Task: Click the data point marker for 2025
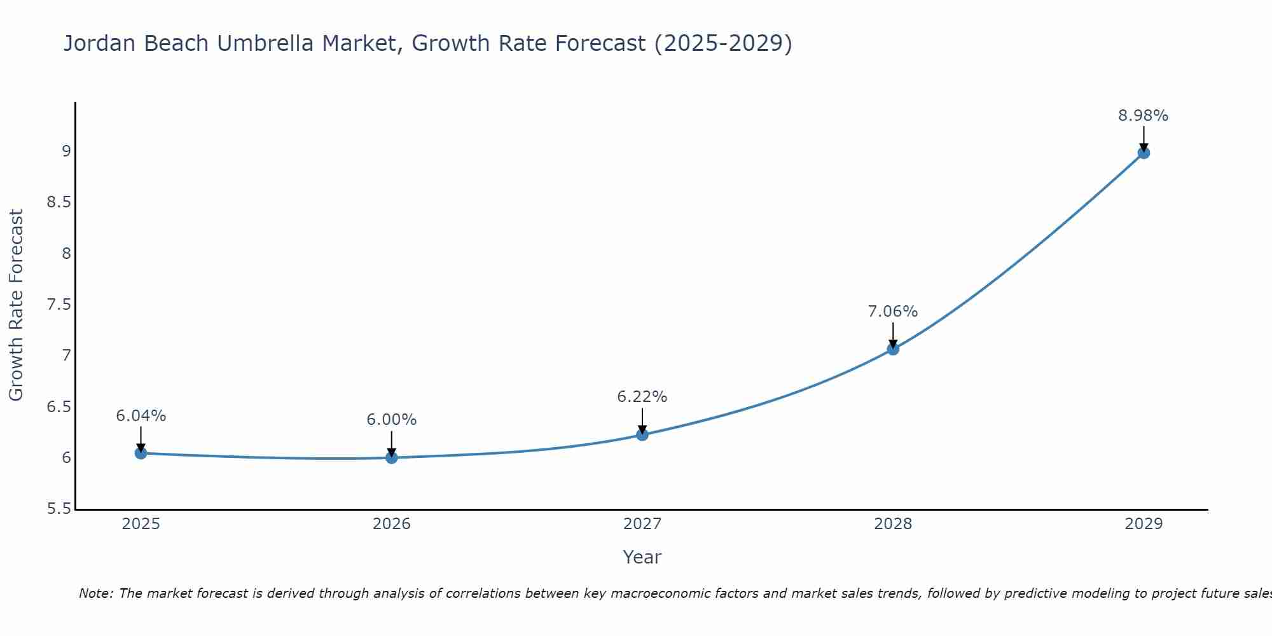(x=141, y=453)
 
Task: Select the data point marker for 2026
(x=391, y=457)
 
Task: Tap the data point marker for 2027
(x=642, y=434)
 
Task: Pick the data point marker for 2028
(x=892, y=349)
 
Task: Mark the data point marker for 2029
(x=1143, y=153)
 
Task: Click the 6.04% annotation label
(x=141, y=416)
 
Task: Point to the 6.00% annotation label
(x=391, y=420)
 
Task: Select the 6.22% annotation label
(x=642, y=397)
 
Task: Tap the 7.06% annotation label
(x=892, y=312)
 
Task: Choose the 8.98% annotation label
(x=1143, y=116)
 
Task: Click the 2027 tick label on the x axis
(x=642, y=524)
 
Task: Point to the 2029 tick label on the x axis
(x=1143, y=524)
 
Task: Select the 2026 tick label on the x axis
(x=391, y=524)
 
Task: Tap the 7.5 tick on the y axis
(x=58, y=305)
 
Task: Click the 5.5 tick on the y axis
(x=58, y=509)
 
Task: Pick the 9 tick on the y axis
(x=66, y=151)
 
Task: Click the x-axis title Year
(x=642, y=557)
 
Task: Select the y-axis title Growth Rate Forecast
(x=16, y=305)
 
